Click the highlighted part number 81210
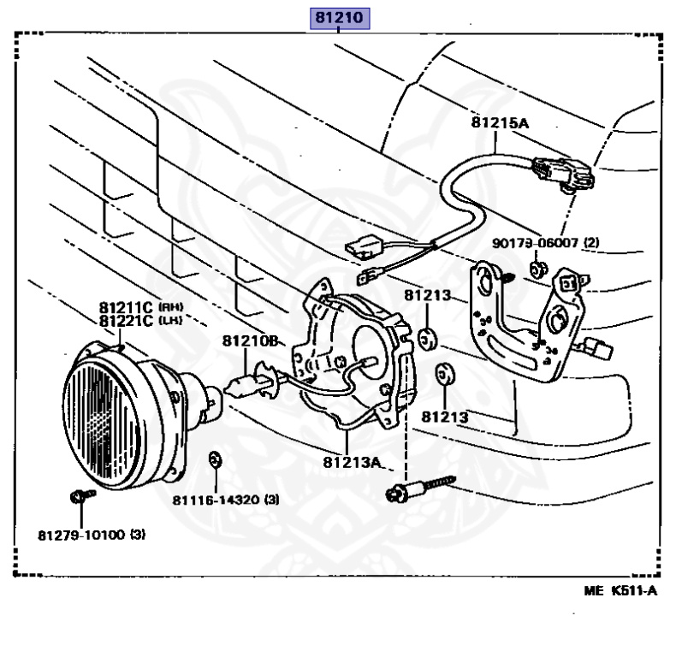point(340,18)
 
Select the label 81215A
point(500,122)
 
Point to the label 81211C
point(125,307)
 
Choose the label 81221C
point(125,321)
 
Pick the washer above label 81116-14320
point(216,462)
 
